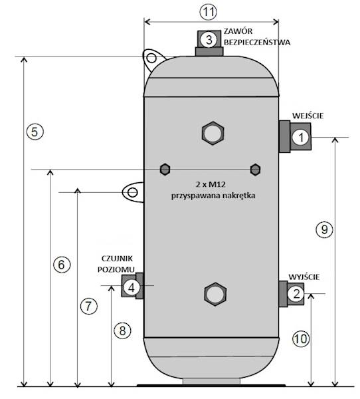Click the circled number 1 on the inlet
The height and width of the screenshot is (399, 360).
point(301,138)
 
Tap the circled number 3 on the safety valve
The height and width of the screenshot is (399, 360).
point(209,39)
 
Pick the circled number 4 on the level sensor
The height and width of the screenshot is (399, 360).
point(132,287)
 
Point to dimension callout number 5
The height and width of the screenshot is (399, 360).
point(37,131)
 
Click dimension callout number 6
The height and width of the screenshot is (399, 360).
point(60,263)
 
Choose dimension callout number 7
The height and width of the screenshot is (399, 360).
point(88,306)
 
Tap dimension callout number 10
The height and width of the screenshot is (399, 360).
point(300,338)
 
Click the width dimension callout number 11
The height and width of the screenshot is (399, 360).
point(209,11)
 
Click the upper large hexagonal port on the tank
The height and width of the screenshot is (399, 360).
point(213,133)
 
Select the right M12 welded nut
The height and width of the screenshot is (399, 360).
point(254,169)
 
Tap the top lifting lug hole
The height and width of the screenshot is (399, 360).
point(151,60)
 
